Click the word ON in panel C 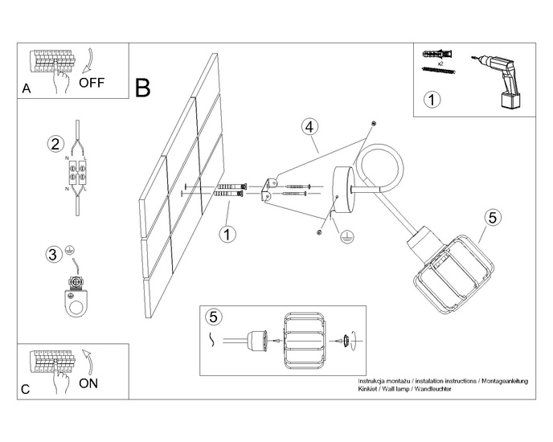click(x=90, y=383)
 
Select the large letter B click(x=143, y=88)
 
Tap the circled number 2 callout click(x=55, y=145)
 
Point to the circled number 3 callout click(x=53, y=256)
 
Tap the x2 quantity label click(x=440, y=63)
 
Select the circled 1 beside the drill click(x=432, y=100)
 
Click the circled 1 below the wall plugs click(x=227, y=234)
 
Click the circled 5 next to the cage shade click(x=493, y=218)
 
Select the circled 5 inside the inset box click(x=211, y=316)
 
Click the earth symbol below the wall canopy click(x=346, y=238)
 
